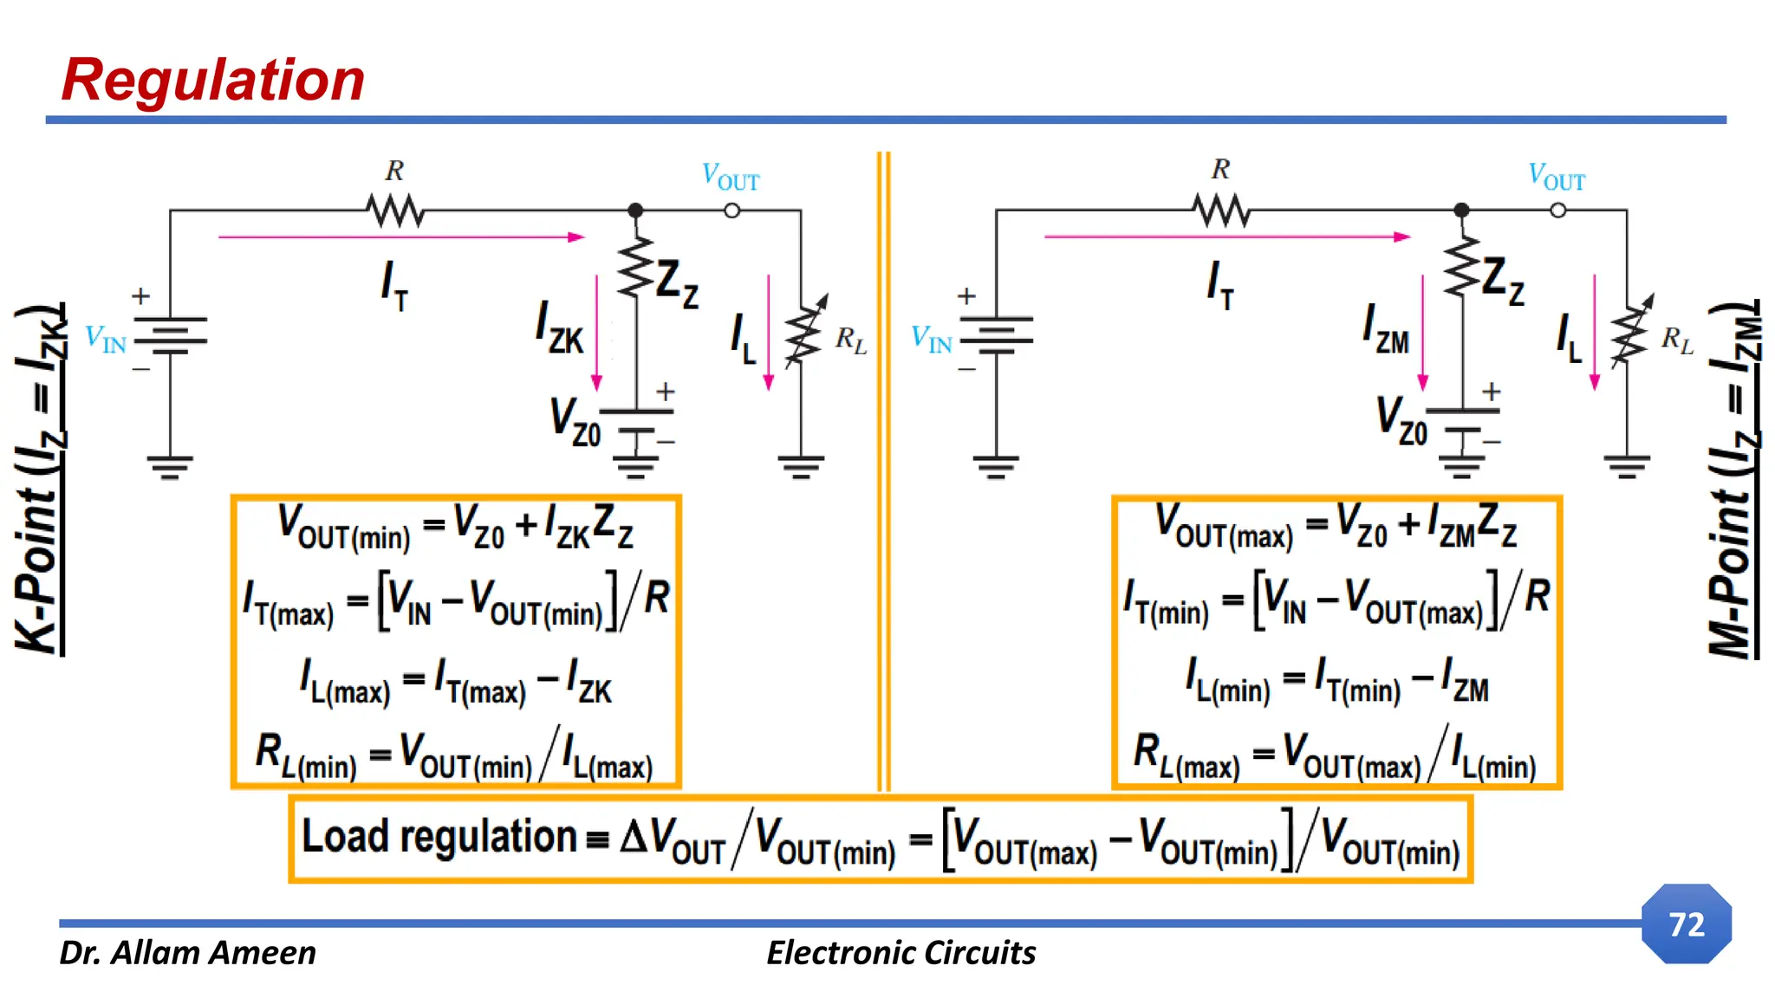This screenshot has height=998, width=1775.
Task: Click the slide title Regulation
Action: click(x=213, y=80)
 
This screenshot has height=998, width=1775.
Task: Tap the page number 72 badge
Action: click(x=1686, y=923)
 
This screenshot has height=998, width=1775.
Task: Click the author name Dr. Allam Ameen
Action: click(x=187, y=953)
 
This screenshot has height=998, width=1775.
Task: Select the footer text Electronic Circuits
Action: click(x=901, y=953)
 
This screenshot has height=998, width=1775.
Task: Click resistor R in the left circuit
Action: click(x=394, y=210)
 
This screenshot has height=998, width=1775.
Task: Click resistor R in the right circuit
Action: click(x=1220, y=210)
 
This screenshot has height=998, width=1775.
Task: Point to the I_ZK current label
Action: click(x=560, y=329)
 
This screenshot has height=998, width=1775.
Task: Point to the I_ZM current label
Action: click(x=1386, y=329)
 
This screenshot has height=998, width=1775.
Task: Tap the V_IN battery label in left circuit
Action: click(x=106, y=339)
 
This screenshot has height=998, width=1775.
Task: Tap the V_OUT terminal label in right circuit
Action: click(x=1557, y=177)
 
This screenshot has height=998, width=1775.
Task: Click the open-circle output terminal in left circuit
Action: click(x=731, y=211)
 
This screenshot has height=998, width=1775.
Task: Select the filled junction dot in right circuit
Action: click(x=1461, y=210)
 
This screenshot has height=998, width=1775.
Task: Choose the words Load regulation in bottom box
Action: click(x=439, y=837)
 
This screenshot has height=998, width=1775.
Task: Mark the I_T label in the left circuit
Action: click(x=394, y=284)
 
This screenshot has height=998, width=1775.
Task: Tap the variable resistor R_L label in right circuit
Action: click(x=1677, y=340)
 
